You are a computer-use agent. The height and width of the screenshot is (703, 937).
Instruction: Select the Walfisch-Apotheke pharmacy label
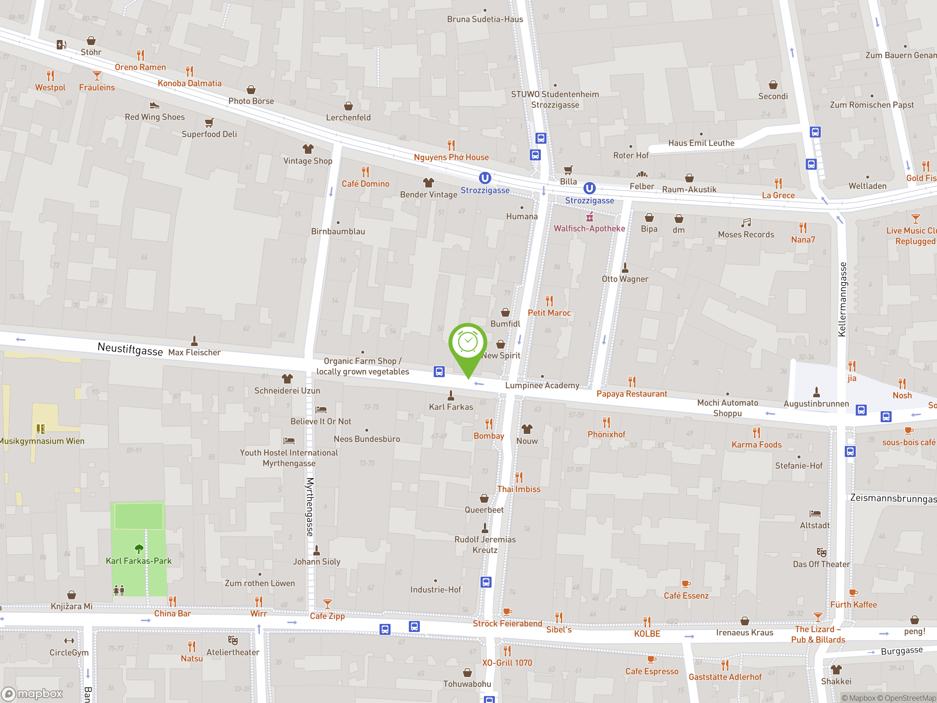click(589, 228)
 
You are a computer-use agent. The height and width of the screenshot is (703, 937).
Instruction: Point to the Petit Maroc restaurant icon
click(549, 301)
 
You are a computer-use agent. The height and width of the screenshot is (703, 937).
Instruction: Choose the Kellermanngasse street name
click(842, 299)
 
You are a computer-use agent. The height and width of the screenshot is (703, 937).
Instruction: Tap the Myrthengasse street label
click(310, 507)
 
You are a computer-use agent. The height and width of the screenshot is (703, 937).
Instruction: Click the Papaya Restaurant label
click(632, 394)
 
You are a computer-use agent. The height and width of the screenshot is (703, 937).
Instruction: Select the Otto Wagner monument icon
click(625, 268)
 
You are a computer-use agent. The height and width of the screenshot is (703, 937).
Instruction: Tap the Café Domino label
click(365, 184)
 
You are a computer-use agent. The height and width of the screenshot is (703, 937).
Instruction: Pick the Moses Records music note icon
click(746, 223)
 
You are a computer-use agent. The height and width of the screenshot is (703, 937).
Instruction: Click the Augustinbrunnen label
click(816, 403)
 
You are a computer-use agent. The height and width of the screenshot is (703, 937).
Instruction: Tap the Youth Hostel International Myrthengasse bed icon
click(289, 441)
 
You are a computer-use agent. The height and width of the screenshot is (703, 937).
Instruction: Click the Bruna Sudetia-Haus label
click(485, 19)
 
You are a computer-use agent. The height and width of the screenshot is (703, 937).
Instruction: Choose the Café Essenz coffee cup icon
click(686, 584)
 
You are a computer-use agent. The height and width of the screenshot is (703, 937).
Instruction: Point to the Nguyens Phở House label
click(451, 157)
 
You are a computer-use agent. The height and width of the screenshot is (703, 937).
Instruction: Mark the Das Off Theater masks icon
click(821, 552)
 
